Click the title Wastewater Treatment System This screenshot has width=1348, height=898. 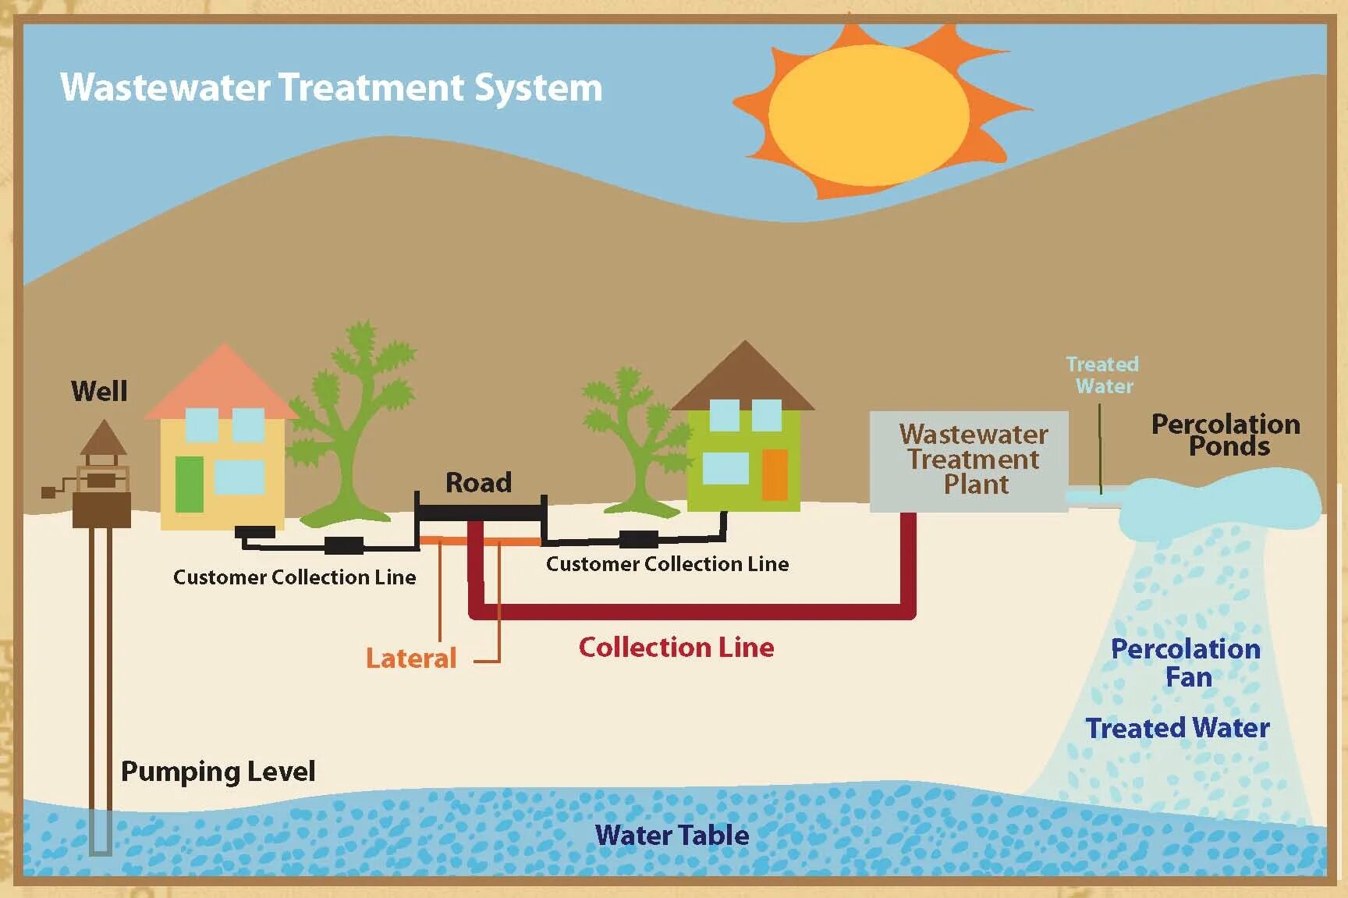coord(331,87)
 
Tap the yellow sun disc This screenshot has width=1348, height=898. coord(868,115)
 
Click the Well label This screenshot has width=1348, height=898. coord(99,391)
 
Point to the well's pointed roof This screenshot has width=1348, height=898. coord(103,438)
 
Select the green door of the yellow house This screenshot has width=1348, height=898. coord(189,484)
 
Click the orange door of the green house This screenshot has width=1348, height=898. coord(774,474)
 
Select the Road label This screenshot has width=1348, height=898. coord(478,482)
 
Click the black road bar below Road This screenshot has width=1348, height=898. coord(480,513)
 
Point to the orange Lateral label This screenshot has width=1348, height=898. coord(410,658)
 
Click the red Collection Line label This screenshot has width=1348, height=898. coord(676,648)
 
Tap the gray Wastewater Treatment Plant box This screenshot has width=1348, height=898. coord(969,461)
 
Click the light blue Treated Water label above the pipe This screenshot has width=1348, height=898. coord(1102,375)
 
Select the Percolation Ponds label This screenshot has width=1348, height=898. coord(1226,435)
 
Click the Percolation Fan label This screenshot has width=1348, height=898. coord(1186,662)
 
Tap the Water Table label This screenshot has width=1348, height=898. coord(672,836)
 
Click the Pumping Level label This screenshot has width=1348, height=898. coord(218,772)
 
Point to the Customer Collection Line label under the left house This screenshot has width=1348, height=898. coord(294,577)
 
